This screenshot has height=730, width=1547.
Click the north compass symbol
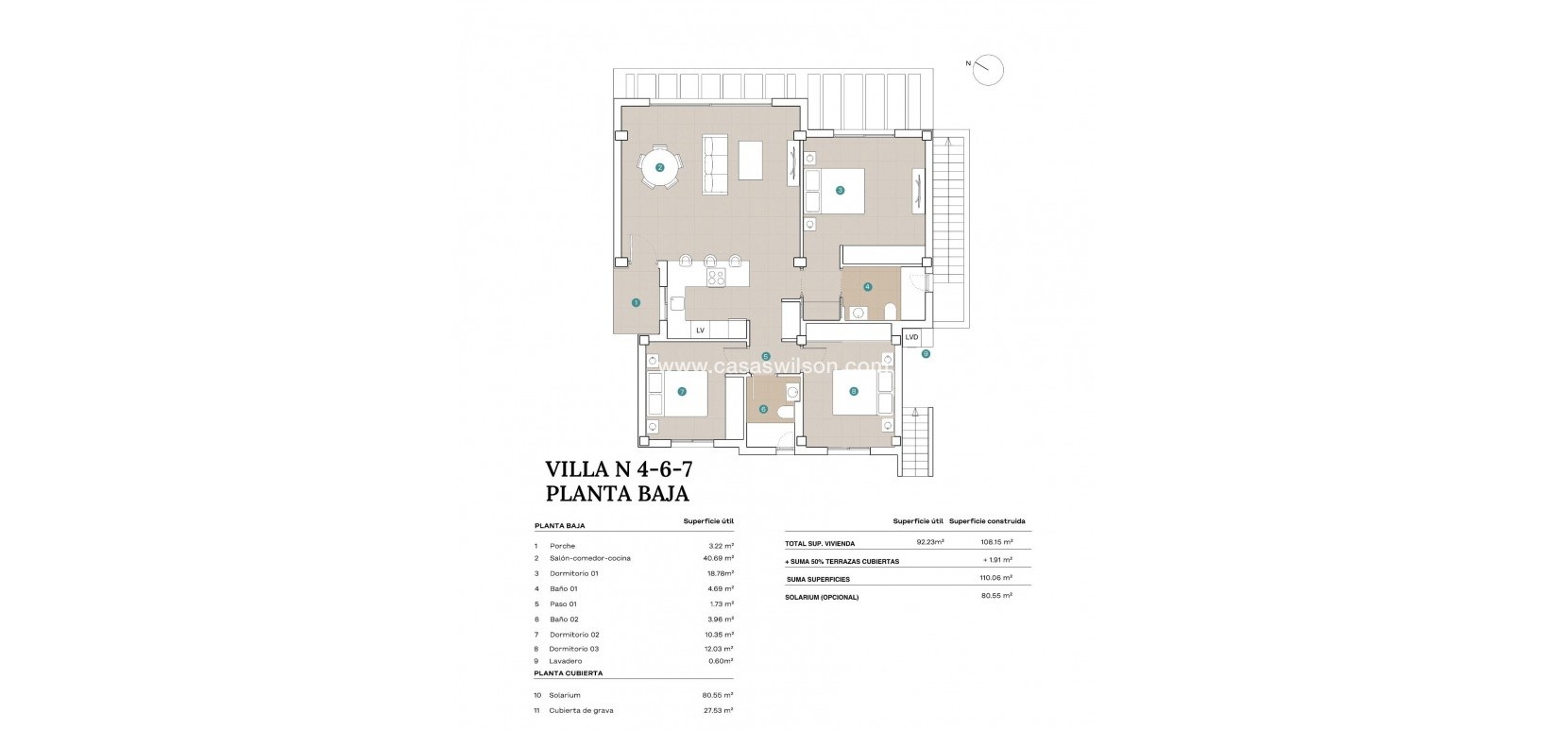tap(988, 70)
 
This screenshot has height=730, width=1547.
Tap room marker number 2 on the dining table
tap(660, 167)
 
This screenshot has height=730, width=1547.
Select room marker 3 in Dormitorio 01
tap(840, 190)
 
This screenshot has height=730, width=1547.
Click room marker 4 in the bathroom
tap(867, 286)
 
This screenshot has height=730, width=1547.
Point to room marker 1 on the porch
tap(636, 303)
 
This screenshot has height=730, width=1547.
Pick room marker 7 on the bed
tap(681, 391)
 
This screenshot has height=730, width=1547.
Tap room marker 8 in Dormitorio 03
tap(854, 391)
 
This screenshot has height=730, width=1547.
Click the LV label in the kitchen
tap(700, 331)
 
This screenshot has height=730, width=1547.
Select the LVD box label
tap(911, 337)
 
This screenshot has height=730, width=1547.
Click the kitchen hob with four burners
tap(717, 277)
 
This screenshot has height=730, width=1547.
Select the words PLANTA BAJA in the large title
tap(618, 493)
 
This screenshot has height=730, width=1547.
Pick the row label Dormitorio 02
tap(574, 635)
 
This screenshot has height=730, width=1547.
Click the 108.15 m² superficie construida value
tap(995, 543)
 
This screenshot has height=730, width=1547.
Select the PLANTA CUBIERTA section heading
tap(568, 673)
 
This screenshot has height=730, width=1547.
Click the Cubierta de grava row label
tap(581, 710)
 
